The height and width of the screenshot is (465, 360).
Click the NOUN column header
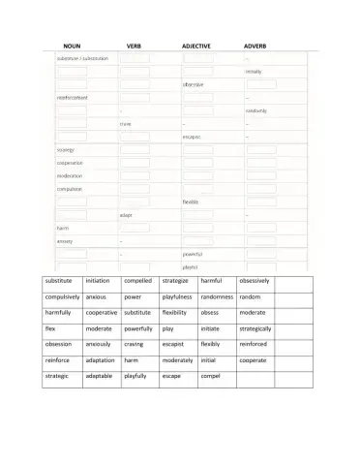[x=71, y=46]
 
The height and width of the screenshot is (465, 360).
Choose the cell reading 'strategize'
[x=176, y=281]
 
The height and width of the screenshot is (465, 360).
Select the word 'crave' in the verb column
[x=126, y=124]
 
